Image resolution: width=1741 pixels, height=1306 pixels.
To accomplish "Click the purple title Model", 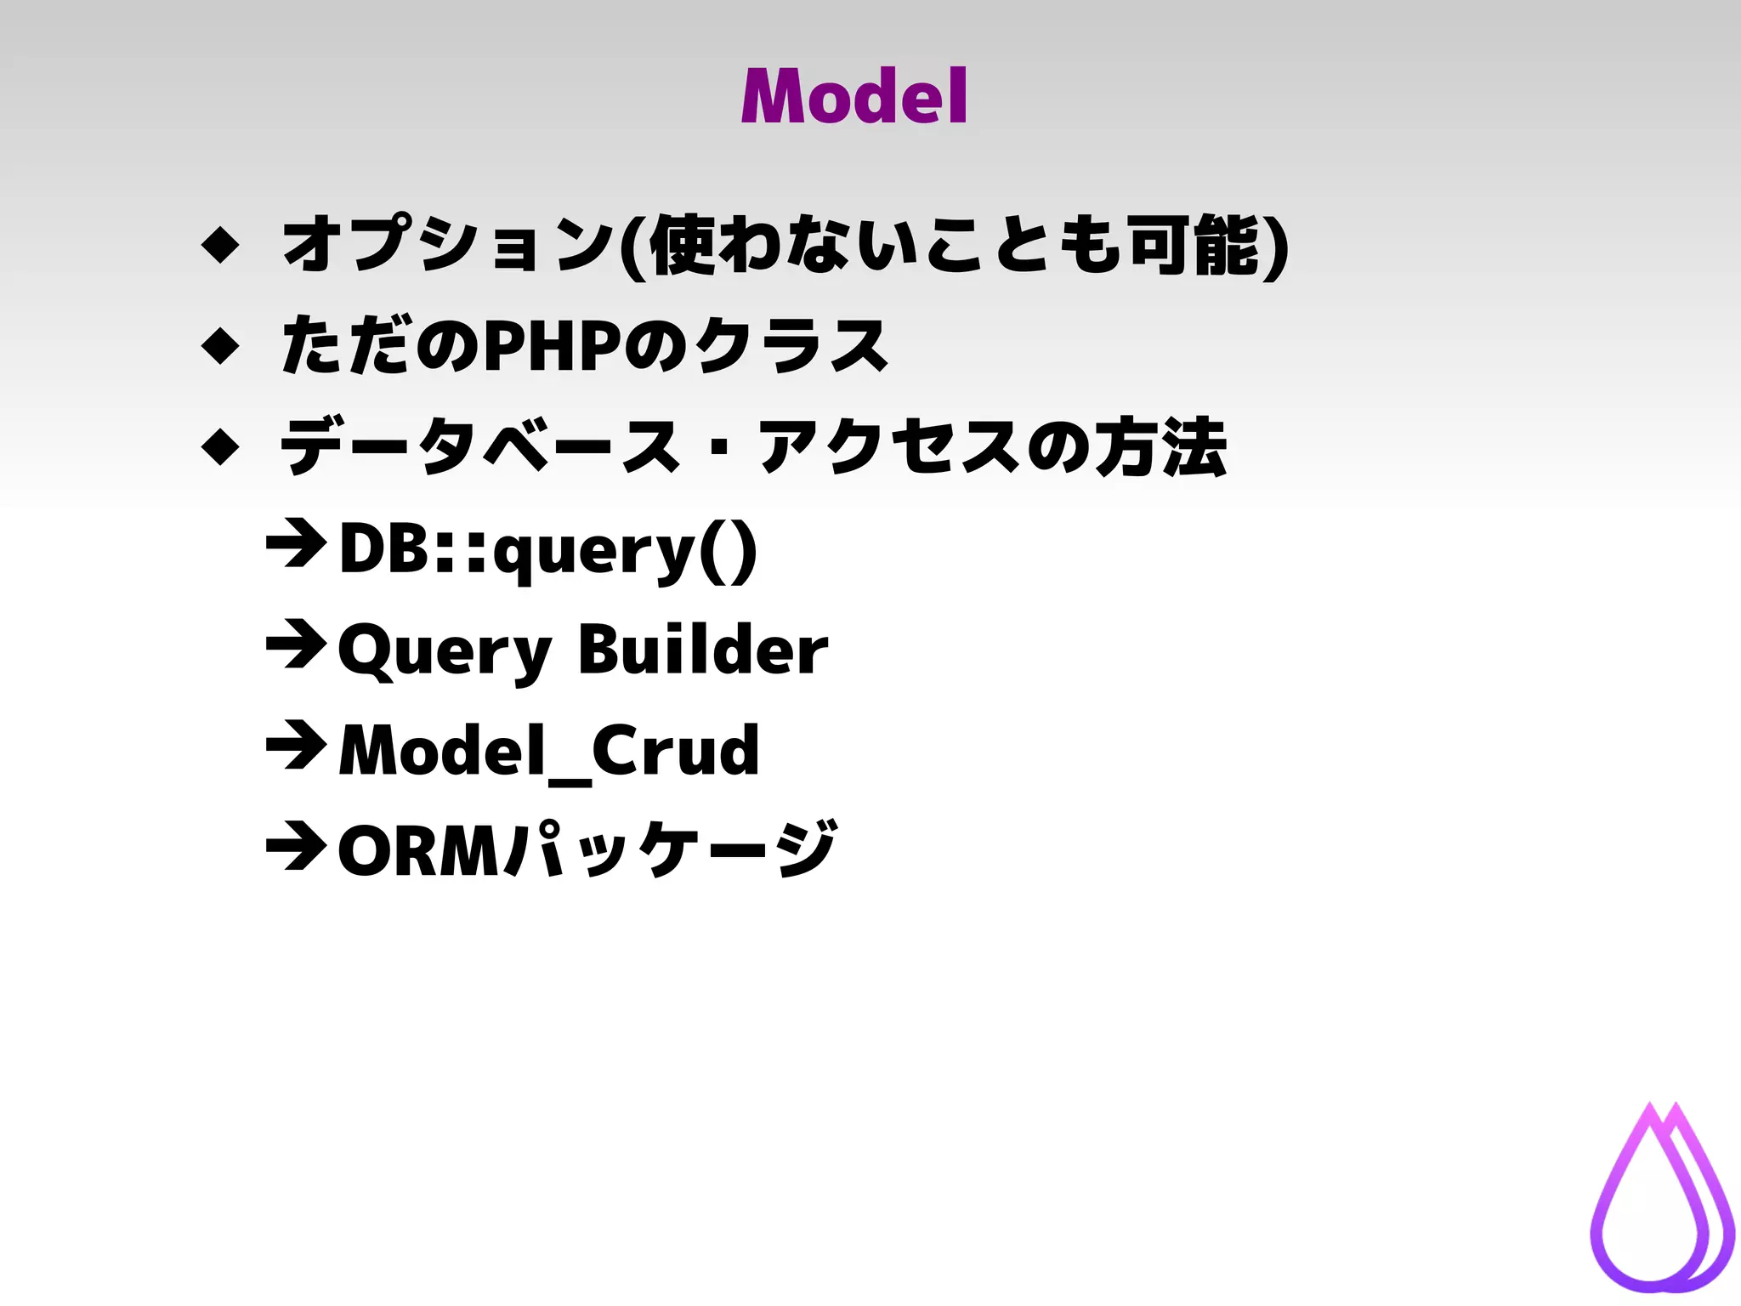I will tap(853, 96).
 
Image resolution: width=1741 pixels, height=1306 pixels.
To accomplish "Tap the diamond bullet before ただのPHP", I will tap(221, 346).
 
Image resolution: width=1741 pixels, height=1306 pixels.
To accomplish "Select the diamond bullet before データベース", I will tap(221, 446).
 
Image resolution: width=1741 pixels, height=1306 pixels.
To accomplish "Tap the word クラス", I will tap(791, 346).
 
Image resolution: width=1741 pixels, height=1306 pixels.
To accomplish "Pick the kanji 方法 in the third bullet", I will tap(1160, 446).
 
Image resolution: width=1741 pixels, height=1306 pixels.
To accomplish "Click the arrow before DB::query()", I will tap(296, 544).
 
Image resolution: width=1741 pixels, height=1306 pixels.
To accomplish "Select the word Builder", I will tap(702, 650).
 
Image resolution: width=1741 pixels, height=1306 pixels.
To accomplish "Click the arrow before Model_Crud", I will tap(296, 746).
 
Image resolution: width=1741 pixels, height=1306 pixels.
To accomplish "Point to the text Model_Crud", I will tap(548, 751).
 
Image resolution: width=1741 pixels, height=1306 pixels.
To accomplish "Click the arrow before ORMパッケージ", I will tap(296, 846).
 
